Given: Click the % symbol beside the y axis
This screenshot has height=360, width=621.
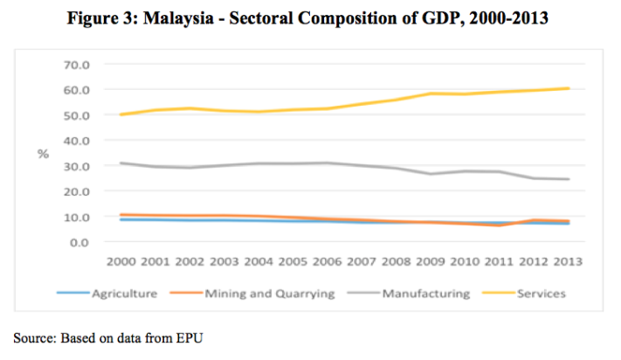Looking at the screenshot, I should coord(42,154).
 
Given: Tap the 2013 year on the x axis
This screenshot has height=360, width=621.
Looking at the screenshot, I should coord(568,260).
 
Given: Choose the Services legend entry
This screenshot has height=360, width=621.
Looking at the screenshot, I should coord(542,294).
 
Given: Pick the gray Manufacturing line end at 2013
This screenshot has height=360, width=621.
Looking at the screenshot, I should coord(568,179).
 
